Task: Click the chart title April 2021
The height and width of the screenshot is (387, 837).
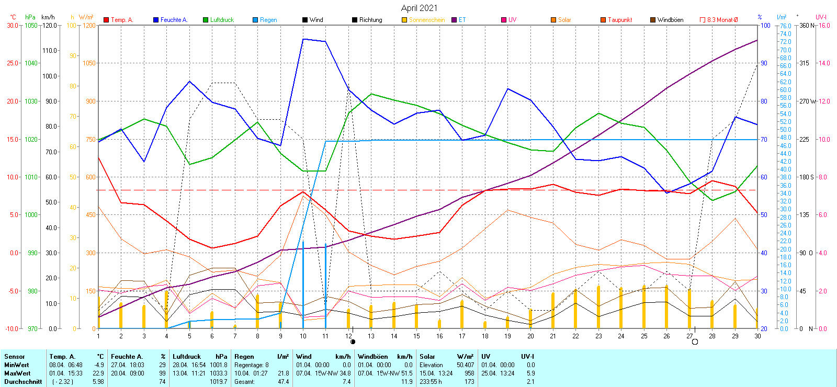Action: [x=419, y=8]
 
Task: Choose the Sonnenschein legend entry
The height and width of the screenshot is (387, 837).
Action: [x=426, y=20]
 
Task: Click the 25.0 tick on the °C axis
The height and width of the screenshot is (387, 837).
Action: [x=13, y=63]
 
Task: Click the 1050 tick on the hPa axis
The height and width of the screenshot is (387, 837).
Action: [x=31, y=25]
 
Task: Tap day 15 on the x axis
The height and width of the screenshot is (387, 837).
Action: [x=416, y=336]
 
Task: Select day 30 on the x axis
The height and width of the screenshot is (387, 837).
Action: [x=757, y=336]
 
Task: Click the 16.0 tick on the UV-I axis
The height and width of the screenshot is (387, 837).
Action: [x=824, y=25]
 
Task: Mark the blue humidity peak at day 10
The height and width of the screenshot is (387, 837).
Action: [x=303, y=39]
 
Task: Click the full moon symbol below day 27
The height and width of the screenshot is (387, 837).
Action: [x=695, y=342]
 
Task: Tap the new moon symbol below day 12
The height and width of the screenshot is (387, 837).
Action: [x=353, y=342]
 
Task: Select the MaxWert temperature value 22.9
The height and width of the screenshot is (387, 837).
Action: [x=98, y=373]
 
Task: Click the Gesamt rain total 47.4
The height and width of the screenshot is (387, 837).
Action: [x=283, y=382]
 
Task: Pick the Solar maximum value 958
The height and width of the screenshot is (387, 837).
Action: [x=469, y=373]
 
